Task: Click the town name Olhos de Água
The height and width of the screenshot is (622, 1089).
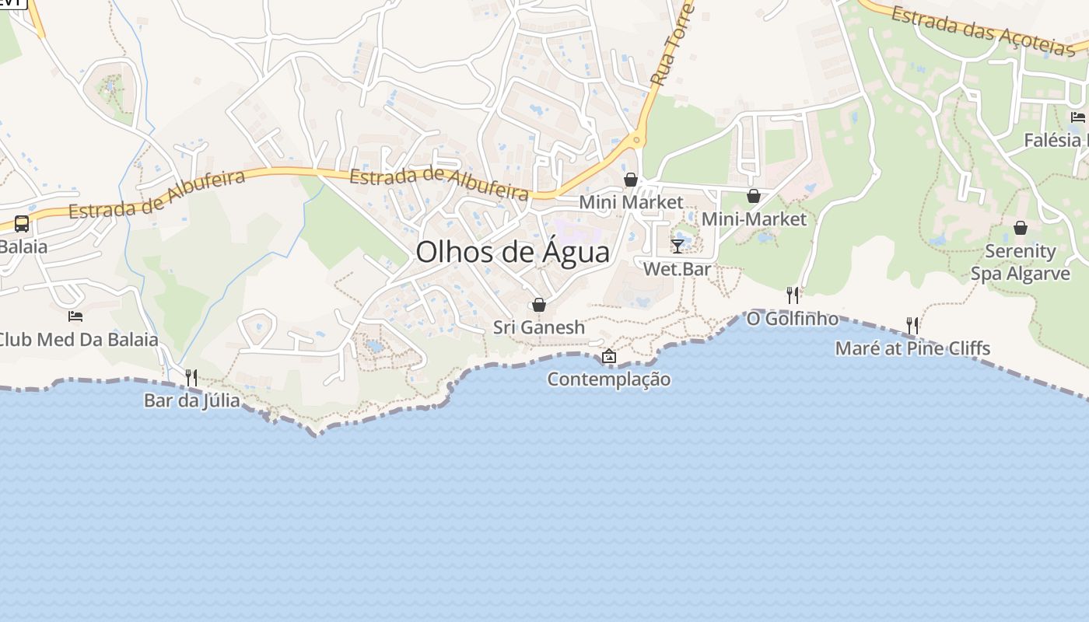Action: coord(512,253)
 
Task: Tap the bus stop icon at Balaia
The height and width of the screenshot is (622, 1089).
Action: coord(22,224)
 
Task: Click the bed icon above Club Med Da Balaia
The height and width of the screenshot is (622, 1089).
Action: coord(75,316)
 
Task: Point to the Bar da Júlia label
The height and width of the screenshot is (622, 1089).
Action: coord(191,401)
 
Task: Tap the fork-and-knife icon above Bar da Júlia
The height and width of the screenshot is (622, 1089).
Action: coord(191,378)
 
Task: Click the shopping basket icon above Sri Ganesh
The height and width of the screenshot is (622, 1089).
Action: coord(538,305)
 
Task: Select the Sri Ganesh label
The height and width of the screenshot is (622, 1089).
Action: coord(538,327)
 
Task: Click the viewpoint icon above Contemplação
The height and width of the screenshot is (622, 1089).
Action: coord(609,357)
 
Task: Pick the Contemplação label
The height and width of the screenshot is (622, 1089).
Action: coord(608,379)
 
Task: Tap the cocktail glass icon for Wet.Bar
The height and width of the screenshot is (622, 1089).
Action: coord(678,246)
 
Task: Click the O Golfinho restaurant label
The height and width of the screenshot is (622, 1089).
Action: coord(793,319)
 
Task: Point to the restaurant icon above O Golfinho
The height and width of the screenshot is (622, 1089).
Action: coord(793,295)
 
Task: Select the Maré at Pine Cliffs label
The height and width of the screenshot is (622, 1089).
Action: coord(912,348)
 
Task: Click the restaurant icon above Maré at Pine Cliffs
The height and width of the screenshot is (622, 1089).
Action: coord(912,325)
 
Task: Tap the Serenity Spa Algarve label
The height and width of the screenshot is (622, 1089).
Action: coord(1020,262)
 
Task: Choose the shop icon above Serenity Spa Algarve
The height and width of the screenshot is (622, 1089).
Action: coord(1020,228)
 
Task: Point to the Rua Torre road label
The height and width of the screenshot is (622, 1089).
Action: coord(671,45)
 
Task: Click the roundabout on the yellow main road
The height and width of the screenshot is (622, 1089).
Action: coord(636,141)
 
